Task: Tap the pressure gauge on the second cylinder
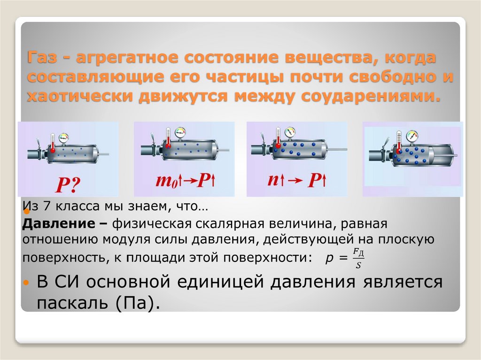point(179,133)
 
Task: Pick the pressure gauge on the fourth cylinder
point(412,136)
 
